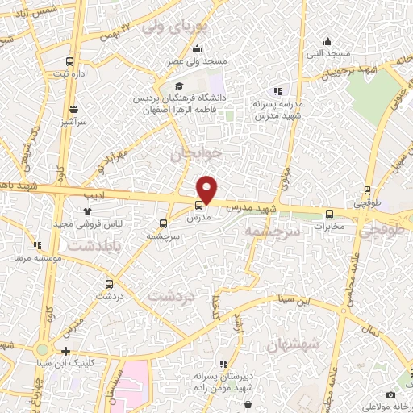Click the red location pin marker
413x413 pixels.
click(207, 190)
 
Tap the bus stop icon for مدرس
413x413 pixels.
click(199, 205)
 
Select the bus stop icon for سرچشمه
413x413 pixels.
click(164, 223)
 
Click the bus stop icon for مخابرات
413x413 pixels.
click(329, 214)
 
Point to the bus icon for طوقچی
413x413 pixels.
click(368, 191)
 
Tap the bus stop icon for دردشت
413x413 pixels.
click(109, 284)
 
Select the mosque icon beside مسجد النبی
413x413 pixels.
click(327, 42)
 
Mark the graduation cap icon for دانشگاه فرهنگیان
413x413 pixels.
click(178, 86)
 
